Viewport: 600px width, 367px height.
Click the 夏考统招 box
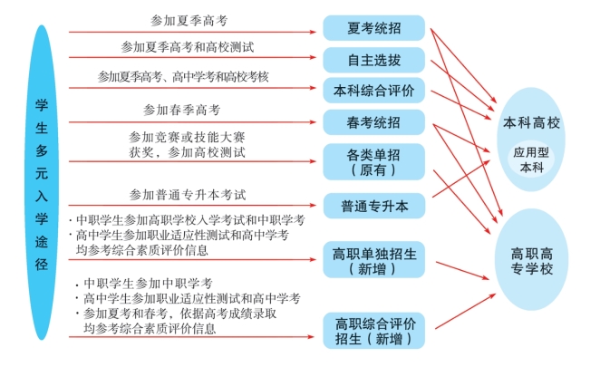coord(373,28)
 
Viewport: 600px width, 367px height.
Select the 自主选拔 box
coord(373,60)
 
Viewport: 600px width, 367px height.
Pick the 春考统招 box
coord(373,121)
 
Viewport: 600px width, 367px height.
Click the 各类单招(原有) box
coord(373,160)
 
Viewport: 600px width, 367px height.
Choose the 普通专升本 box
coord(373,206)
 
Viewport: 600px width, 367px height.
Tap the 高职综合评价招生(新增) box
coord(373,332)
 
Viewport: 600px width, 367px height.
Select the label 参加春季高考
coord(181,110)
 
